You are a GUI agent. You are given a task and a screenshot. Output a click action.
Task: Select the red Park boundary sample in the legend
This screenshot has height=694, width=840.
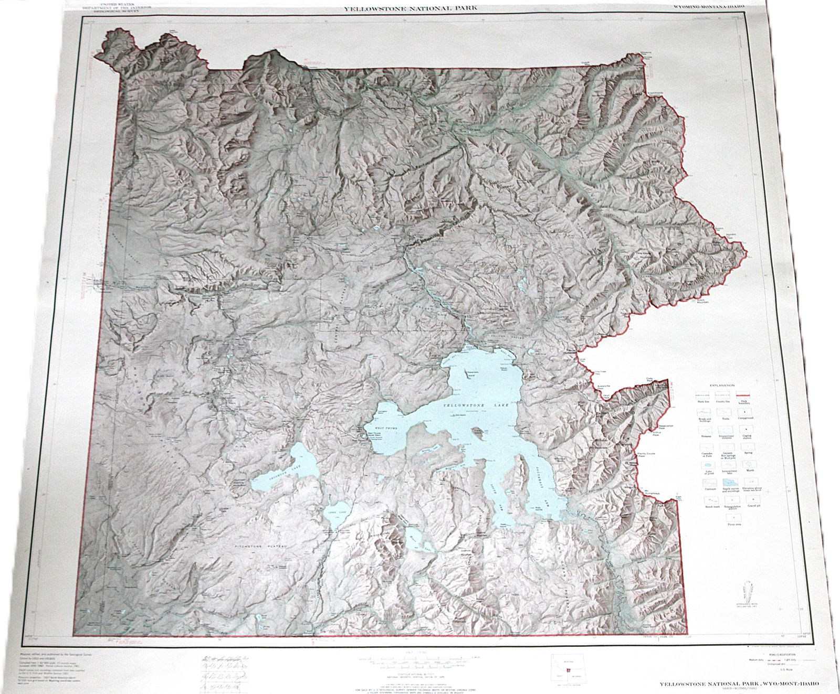point(744,396)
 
